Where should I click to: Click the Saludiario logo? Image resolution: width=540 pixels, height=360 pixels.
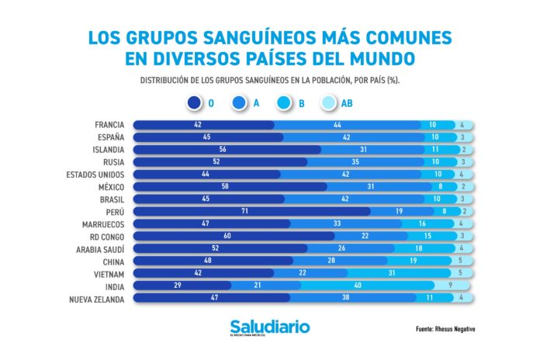(x=269, y=327)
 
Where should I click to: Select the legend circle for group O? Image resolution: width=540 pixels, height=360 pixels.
(x=194, y=102)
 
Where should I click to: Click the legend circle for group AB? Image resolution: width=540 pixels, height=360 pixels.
(x=327, y=102)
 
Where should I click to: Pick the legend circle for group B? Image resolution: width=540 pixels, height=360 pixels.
(x=283, y=102)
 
